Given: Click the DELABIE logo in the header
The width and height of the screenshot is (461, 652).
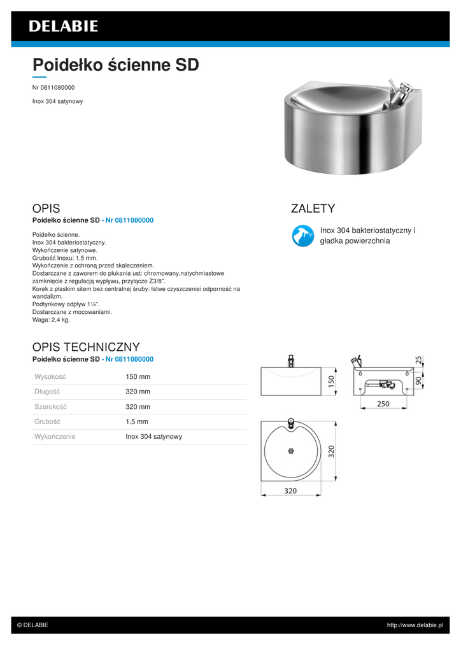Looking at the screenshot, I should tap(63, 26).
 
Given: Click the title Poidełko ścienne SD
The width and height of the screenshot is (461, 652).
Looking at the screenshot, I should tap(115, 65).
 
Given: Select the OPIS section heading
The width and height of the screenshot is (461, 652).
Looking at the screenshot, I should tap(46, 209).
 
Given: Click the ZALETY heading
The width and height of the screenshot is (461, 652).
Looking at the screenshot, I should tap(313, 209).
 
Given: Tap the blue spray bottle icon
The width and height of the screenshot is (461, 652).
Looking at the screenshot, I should tap(301, 236).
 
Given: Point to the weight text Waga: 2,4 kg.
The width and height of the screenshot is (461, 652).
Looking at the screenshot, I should tap(51, 320).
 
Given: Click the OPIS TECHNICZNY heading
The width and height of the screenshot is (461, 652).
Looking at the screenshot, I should tap(86, 347).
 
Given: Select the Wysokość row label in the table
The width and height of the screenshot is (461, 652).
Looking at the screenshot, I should tap(50, 377).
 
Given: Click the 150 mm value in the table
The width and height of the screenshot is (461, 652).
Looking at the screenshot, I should tap(138, 377).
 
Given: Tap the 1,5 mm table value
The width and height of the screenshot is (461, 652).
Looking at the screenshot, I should tap(137, 422).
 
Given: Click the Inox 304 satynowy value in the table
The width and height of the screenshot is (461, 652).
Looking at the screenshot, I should tap(154, 437).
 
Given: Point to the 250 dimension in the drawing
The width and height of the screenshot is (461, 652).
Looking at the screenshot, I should tap(383, 404).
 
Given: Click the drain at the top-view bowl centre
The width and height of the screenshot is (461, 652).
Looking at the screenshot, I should tap(290, 451).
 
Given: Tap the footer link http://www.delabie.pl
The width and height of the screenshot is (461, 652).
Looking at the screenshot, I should tap(415, 625).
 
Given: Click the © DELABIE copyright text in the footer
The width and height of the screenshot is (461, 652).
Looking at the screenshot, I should tap(32, 625).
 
